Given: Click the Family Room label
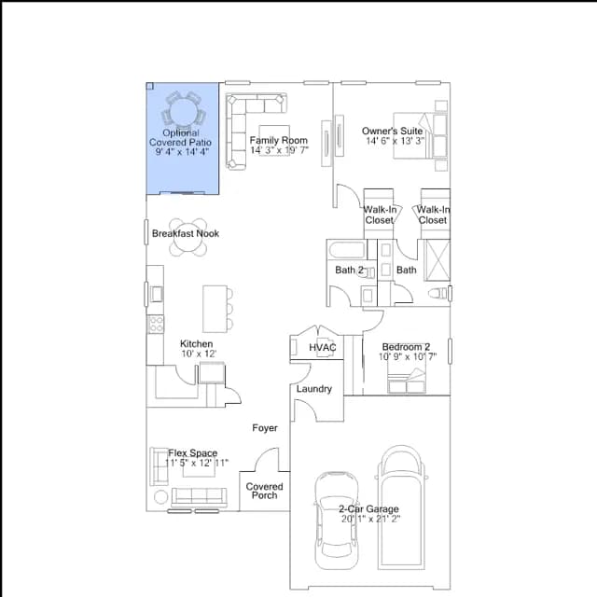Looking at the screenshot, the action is (x=279, y=140).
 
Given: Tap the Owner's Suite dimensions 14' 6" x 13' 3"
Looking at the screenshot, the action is (x=395, y=141).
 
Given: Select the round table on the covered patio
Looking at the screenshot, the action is (x=183, y=112).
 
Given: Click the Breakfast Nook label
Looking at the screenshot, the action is (x=186, y=233).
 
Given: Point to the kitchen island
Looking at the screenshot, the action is (x=215, y=309).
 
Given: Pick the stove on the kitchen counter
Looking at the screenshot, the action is (x=156, y=325).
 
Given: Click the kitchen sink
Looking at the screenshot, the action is (x=156, y=294).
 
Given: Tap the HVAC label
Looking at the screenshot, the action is (x=323, y=347).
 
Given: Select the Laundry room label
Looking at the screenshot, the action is (x=314, y=389).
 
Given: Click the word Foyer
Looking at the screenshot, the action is (x=265, y=428).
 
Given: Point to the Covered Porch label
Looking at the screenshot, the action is (x=264, y=491).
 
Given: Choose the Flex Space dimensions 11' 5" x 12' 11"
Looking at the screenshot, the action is (x=197, y=463).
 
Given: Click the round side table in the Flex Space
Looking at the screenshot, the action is (x=160, y=497).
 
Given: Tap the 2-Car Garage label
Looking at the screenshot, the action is (x=369, y=508).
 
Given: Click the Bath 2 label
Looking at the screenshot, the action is (x=349, y=270).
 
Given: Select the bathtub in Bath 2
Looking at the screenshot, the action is (x=347, y=250).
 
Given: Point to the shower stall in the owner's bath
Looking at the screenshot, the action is (x=437, y=260).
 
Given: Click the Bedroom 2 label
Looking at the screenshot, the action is (x=406, y=347).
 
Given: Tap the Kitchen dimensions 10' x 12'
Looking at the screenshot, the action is (x=199, y=354).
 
